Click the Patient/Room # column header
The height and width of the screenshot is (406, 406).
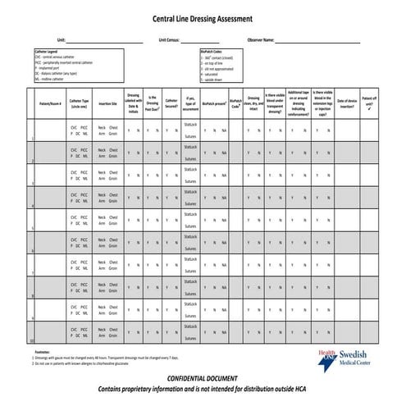point(50,104)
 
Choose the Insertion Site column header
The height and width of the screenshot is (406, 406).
point(107,104)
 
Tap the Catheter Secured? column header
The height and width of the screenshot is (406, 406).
point(171,104)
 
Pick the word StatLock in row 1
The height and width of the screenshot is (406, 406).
point(191,123)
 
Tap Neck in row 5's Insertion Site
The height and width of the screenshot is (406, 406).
point(102,217)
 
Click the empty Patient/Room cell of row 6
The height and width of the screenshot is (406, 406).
point(50,242)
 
